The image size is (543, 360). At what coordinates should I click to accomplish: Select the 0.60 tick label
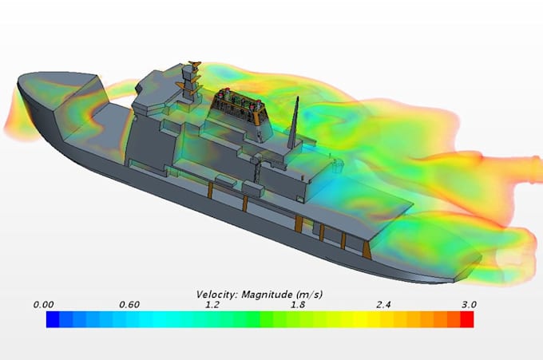tap(129, 304)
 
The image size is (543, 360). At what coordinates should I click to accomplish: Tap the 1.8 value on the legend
tap(299, 304)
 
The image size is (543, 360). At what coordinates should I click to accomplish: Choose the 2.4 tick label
tap(384, 304)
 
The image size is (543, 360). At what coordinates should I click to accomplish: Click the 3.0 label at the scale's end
tap(468, 304)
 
